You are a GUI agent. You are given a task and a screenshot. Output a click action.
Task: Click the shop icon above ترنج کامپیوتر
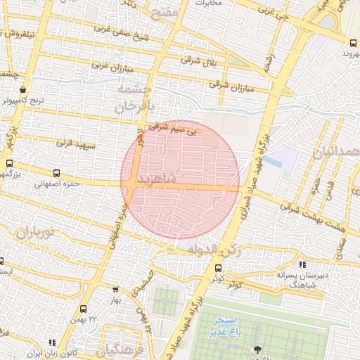pyautogui.click(x=23, y=90)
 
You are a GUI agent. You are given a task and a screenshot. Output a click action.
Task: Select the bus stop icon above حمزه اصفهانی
pyautogui.click(x=57, y=173)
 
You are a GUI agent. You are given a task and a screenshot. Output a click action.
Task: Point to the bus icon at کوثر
pyautogui.click(x=218, y=268)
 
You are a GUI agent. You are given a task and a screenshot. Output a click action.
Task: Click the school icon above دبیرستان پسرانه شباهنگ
pyautogui.click(x=302, y=264)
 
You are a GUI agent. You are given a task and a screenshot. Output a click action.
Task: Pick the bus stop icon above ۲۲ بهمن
pyautogui.click(x=84, y=309)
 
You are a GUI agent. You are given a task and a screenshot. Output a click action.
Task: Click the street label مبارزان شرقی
pyautogui.click(x=229, y=89)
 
